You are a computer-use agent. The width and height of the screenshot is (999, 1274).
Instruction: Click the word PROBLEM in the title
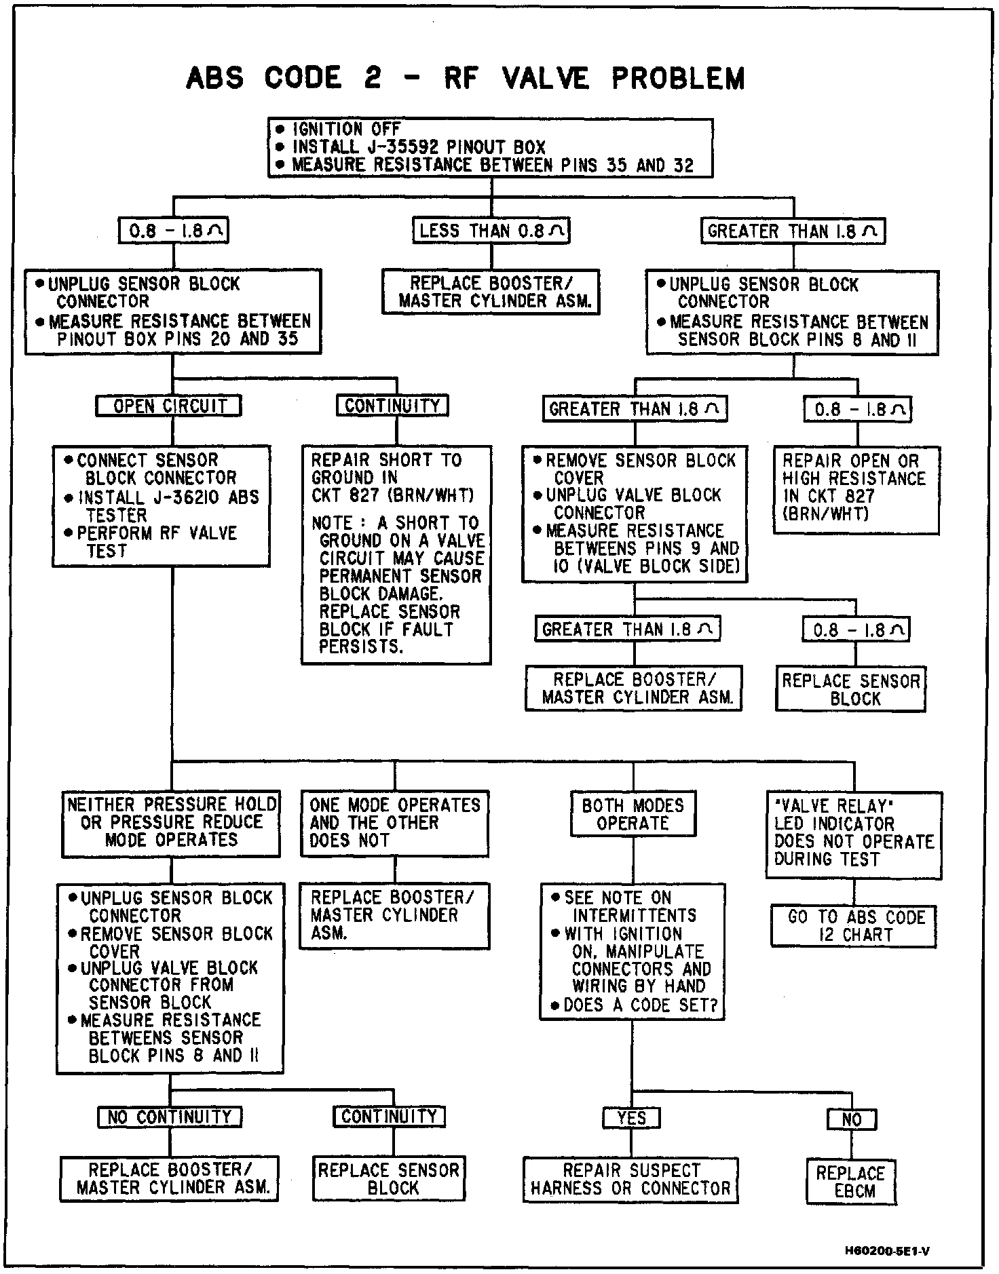[x=677, y=78]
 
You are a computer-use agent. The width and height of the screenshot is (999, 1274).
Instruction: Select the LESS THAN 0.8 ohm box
[x=491, y=231]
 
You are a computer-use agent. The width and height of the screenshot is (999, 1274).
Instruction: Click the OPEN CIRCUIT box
[x=169, y=406]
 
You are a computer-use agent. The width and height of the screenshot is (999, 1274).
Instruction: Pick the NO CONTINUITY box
[x=169, y=1117]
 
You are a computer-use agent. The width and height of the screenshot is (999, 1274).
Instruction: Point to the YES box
[x=631, y=1117]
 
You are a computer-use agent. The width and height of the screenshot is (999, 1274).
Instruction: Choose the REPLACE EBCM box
[x=851, y=1182]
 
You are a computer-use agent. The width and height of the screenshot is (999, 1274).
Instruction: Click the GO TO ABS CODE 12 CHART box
[x=854, y=926]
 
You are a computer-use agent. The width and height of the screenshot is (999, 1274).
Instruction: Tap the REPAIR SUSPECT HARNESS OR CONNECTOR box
[x=630, y=1179]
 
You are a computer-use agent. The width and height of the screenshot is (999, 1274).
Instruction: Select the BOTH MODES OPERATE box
[x=633, y=813]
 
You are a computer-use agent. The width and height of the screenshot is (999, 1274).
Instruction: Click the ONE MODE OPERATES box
[x=394, y=822]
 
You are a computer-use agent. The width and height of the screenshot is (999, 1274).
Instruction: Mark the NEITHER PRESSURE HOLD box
[x=171, y=822]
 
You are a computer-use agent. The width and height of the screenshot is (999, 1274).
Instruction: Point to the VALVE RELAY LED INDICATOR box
[x=854, y=832]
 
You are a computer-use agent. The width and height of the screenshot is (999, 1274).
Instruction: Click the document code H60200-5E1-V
[x=887, y=1250]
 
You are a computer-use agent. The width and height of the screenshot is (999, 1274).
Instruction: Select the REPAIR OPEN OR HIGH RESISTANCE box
[x=855, y=488]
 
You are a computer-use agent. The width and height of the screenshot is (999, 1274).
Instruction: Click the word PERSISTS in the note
[x=361, y=646]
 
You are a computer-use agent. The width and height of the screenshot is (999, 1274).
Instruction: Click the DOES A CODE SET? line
[x=640, y=1005]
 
